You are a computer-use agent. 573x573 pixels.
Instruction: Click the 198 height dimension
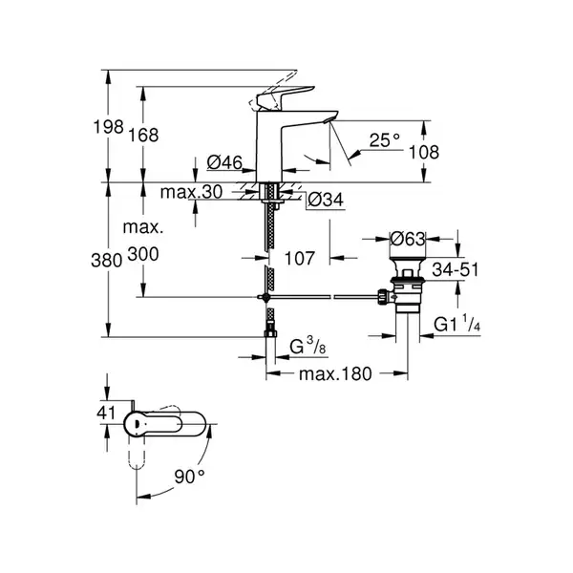(x=109, y=127)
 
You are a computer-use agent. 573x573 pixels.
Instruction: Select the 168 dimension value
(x=143, y=135)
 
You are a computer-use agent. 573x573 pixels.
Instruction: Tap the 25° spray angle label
(x=385, y=140)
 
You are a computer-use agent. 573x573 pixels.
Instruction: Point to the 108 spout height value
(x=423, y=152)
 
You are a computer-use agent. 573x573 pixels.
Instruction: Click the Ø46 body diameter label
(x=224, y=162)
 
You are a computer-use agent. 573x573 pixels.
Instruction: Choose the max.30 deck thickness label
(x=191, y=192)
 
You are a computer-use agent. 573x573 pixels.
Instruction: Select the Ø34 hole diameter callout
(x=326, y=200)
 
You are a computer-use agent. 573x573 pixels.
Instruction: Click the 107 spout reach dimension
(x=299, y=258)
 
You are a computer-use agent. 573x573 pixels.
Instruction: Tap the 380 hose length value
(x=106, y=261)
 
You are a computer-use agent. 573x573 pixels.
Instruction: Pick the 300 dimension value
(x=143, y=254)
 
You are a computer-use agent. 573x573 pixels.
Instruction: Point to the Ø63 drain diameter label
(x=408, y=239)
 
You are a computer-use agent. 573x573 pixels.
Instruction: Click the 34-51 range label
(x=455, y=269)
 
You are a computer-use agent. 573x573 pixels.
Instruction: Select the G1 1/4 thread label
(x=456, y=323)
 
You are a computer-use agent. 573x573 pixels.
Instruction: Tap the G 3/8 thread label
(x=308, y=346)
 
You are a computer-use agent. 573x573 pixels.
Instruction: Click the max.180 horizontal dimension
(x=335, y=373)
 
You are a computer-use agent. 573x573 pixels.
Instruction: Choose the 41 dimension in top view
(x=106, y=413)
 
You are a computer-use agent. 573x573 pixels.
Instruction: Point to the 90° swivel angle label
(x=190, y=477)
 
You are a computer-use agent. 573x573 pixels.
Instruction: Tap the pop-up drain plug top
(x=408, y=261)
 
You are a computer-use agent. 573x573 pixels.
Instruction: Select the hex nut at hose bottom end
(x=270, y=333)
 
